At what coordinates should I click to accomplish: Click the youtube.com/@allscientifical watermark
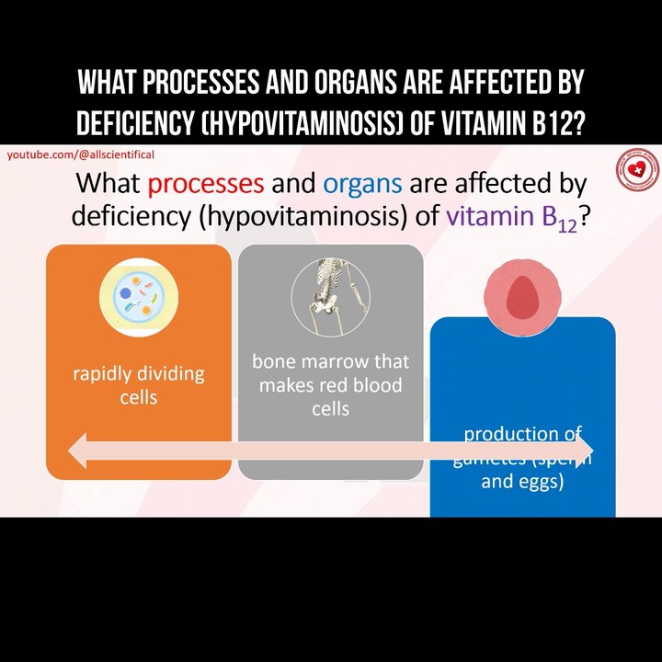pos(81,154)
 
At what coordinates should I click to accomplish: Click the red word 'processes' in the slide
pos(205,183)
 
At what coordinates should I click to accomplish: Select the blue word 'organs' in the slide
pos(362,183)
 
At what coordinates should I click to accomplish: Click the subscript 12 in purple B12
pos(565,224)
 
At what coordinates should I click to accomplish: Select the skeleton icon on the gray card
pos(330,296)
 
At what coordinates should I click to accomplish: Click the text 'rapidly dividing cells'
pos(138,385)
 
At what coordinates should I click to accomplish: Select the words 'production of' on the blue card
pos(522,433)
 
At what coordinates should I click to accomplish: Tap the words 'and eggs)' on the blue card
pos(522,481)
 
